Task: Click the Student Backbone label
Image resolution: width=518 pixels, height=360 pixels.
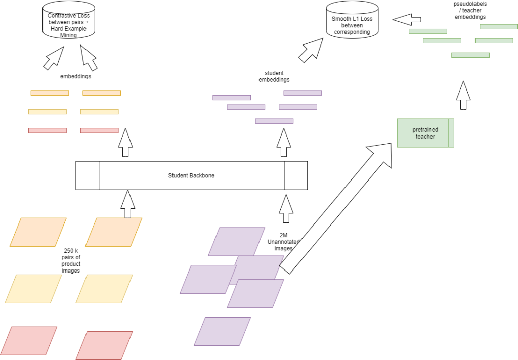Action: (191, 175)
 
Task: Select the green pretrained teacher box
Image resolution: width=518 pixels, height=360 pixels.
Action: (425, 133)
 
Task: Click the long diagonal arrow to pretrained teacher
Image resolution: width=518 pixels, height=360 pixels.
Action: (336, 207)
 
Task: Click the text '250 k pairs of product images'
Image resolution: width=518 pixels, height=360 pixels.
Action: (71, 260)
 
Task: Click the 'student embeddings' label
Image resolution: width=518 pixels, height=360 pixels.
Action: (274, 76)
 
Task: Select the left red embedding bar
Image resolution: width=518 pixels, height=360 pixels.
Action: (48, 130)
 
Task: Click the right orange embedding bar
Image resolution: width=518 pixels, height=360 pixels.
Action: (102, 93)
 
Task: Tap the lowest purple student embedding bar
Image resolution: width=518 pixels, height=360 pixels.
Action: (274, 121)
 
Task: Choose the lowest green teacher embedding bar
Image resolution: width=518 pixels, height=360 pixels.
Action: (470, 55)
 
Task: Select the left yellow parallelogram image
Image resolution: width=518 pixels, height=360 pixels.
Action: (33, 289)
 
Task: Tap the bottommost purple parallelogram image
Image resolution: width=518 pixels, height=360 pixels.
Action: (223, 331)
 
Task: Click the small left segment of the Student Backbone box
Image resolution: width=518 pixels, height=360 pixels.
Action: (87, 175)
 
